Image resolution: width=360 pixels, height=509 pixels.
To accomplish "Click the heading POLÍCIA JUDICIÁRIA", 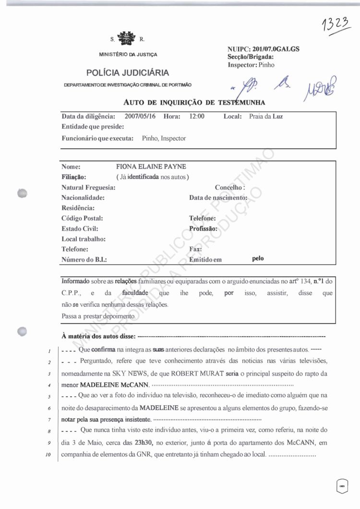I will pyautogui.click(x=128, y=73).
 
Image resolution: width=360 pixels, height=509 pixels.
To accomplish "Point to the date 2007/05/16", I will pyautogui.click(x=141, y=116).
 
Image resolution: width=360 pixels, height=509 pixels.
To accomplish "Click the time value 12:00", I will pyautogui.click(x=197, y=116).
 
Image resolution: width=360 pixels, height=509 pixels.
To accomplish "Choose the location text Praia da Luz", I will pyautogui.click(x=266, y=116).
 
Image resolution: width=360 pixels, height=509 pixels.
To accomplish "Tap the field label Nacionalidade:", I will pyautogui.click(x=83, y=197).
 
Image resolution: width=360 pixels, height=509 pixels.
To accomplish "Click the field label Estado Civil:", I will pyautogui.click(x=80, y=229).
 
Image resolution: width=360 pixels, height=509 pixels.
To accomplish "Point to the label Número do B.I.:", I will pyautogui.click(x=84, y=259).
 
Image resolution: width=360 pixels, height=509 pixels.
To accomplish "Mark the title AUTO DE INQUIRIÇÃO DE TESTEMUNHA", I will pyautogui.click(x=194, y=102).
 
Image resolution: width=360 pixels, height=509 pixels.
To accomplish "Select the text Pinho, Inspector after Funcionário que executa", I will pyautogui.click(x=164, y=138).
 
